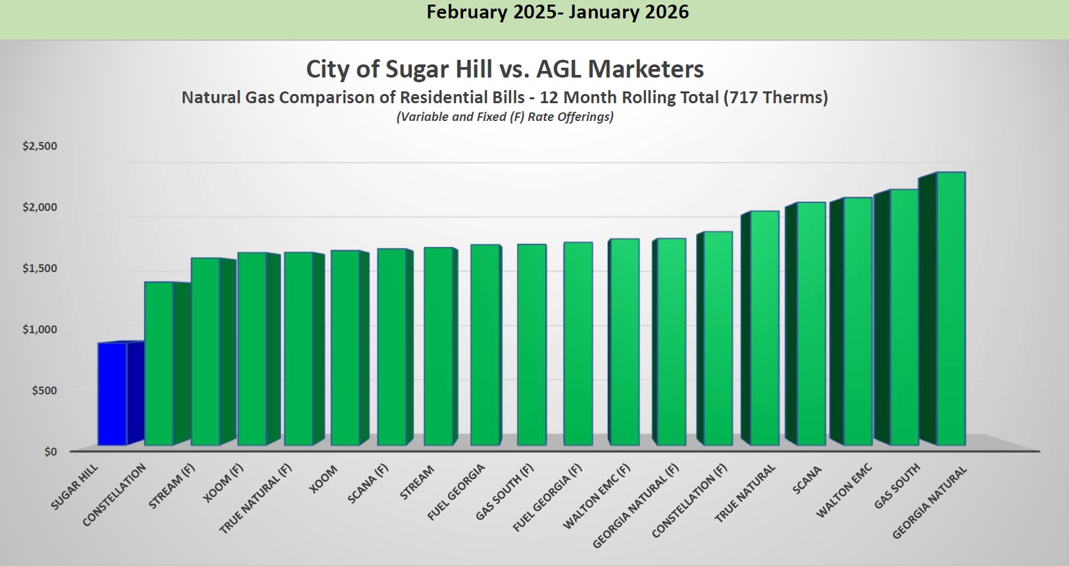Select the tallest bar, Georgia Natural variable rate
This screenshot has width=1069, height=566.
(951, 309)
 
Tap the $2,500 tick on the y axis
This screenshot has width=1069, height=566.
(40, 146)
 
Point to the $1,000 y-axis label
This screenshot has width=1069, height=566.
(40, 329)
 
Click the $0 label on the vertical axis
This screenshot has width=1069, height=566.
(51, 452)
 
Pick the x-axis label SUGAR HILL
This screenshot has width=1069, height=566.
(74, 487)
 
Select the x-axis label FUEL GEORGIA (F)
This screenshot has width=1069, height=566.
(547, 498)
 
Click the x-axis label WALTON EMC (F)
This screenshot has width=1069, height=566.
(597, 496)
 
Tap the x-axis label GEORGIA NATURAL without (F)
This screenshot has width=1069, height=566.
(930, 502)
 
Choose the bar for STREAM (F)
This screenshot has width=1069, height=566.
(205, 352)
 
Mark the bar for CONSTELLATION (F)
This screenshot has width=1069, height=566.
(718, 339)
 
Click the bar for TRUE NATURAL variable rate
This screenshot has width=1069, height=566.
(764, 328)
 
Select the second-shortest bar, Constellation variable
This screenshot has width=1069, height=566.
(159, 364)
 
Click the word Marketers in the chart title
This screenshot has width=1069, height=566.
(645, 69)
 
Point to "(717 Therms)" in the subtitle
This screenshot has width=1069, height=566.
(776, 98)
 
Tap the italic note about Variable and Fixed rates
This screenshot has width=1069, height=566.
(505, 117)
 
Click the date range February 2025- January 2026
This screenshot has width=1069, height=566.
(557, 12)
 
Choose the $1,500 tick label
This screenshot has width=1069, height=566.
(40, 268)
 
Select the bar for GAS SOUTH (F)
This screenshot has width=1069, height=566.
(532, 345)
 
